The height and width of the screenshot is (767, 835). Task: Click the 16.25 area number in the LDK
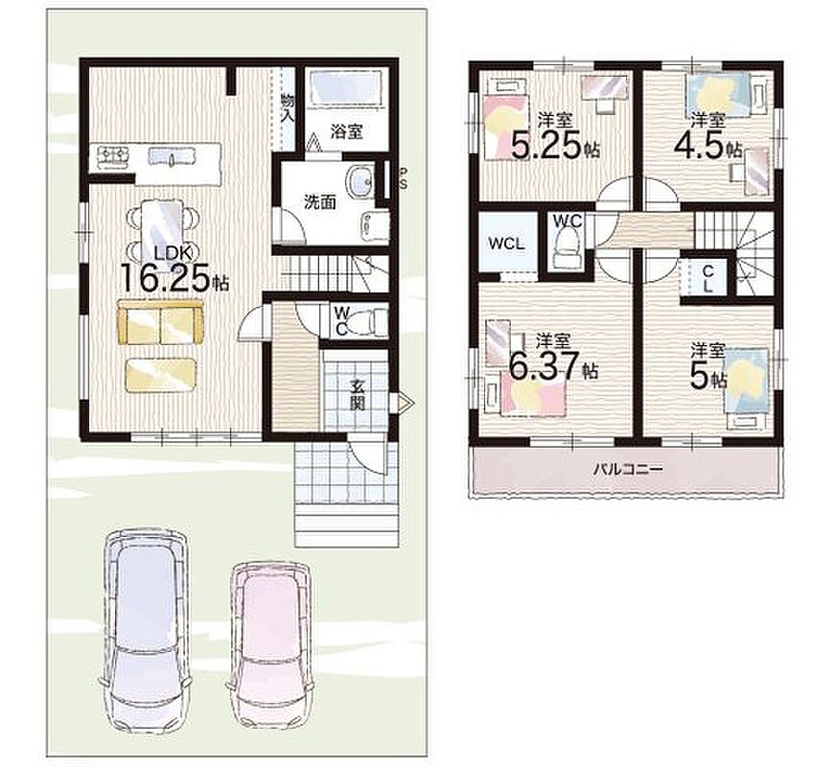click(166, 279)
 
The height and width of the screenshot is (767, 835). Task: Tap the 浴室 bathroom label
click(347, 131)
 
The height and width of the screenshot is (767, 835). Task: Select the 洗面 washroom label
click(319, 202)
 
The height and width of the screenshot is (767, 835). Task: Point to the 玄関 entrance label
click(358, 394)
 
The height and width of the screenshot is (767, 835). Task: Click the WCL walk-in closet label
click(507, 244)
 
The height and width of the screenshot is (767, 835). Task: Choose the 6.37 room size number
click(545, 366)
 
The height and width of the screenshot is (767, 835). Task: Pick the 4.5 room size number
click(699, 143)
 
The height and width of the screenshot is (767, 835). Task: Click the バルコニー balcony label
click(628, 469)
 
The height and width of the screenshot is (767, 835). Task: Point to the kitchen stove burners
click(113, 154)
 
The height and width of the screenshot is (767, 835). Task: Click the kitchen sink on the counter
click(165, 157)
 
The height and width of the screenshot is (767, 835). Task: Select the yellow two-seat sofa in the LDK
click(160, 322)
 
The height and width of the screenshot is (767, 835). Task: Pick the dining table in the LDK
click(162, 224)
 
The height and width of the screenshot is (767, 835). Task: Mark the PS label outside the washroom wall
click(404, 178)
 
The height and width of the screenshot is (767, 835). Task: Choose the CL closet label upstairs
click(707, 279)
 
